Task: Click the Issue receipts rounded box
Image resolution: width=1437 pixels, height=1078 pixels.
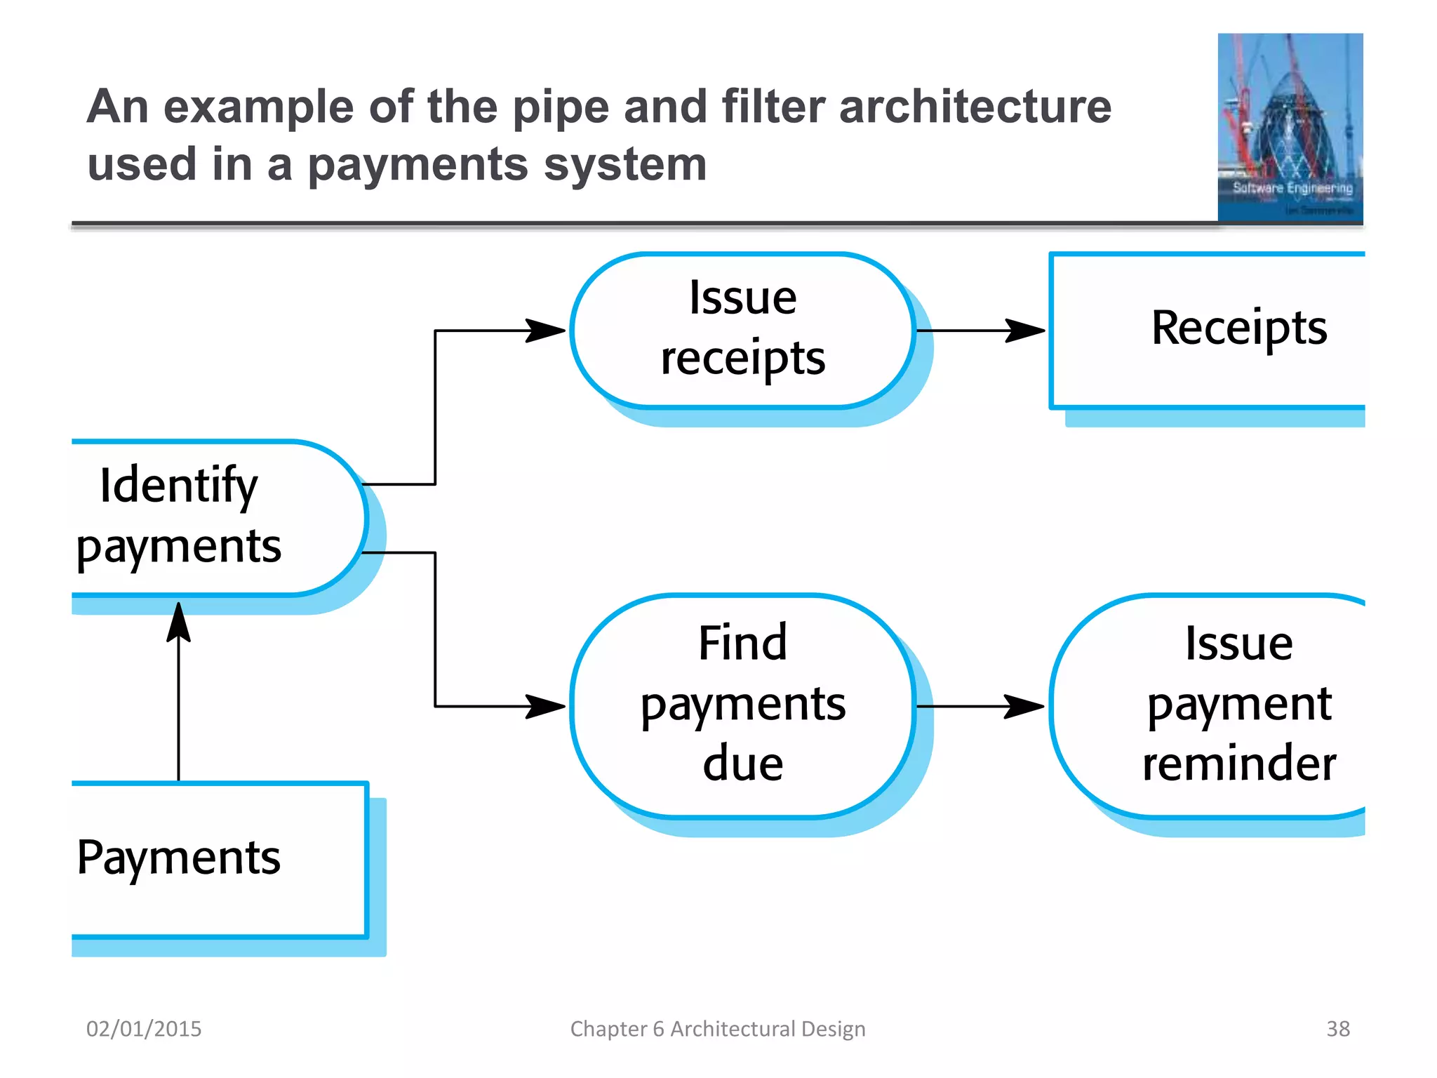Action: point(742,329)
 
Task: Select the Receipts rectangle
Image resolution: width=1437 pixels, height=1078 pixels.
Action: point(1207,329)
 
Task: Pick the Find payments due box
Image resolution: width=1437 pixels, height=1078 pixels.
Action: point(742,705)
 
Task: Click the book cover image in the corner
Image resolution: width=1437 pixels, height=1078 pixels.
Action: point(1290,128)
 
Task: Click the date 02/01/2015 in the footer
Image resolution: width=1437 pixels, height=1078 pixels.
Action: point(144,1029)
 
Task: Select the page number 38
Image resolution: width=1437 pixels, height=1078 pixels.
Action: point(1337,1029)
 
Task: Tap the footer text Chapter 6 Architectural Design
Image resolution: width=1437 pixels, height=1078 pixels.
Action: point(717,1029)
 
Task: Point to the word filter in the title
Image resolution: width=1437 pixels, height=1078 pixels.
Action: point(773,107)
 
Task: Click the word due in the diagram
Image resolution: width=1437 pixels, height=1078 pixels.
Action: point(742,764)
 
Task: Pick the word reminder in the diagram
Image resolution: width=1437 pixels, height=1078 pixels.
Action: point(1238,764)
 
